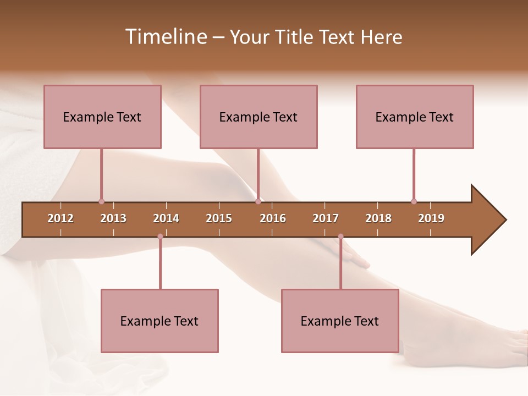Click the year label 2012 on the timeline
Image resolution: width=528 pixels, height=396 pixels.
click(61, 218)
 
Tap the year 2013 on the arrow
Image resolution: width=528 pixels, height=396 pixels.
click(113, 218)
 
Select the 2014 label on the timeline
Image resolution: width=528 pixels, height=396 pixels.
click(166, 218)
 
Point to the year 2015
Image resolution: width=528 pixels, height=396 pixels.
click(219, 218)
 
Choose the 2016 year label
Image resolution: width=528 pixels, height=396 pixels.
click(273, 218)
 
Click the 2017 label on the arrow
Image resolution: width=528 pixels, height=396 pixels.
click(326, 218)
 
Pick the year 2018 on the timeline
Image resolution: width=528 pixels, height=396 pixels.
click(378, 218)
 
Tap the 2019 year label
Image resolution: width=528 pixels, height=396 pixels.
click(431, 218)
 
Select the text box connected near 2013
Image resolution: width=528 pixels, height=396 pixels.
click(102, 117)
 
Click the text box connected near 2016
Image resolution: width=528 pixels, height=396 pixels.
click(258, 117)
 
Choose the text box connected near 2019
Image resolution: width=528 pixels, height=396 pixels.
click(415, 117)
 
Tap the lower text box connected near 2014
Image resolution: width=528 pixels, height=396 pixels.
click(159, 321)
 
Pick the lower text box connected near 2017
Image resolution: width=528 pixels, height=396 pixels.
click(340, 321)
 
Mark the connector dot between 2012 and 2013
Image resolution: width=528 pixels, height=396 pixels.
click(101, 201)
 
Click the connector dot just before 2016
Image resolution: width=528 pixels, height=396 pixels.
click(258, 201)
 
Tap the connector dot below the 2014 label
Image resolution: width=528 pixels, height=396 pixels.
click(160, 237)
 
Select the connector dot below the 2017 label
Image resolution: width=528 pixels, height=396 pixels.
click(340, 237)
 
